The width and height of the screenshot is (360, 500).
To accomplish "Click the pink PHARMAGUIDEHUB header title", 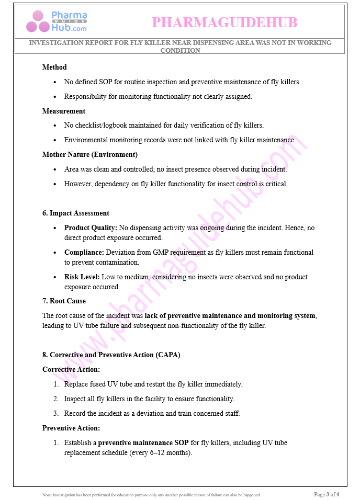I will [224, 22].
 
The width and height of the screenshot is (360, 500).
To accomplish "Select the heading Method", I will [54, 67].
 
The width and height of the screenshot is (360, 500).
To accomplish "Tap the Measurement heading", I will [64, 111].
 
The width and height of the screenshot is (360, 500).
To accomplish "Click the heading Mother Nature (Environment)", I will [90, 155].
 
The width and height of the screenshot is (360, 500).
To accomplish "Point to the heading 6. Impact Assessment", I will [76, 213].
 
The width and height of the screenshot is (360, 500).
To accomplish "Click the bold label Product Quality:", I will [91, 228].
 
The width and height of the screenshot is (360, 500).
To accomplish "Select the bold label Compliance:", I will [84, 253].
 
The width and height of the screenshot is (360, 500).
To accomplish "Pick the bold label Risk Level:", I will [82, 277].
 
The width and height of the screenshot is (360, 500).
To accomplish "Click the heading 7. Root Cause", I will [64, 301].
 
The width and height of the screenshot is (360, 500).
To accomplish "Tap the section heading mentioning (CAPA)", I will [111, 355].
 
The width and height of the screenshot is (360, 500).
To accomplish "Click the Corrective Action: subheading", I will [71, 370].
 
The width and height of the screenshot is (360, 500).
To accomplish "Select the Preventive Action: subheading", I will [71, 428].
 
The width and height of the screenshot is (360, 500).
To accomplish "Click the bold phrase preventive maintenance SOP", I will [143, 443].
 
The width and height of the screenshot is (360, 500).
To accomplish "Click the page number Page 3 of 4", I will [327, 494].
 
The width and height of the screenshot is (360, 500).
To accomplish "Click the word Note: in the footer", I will [47, 495].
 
